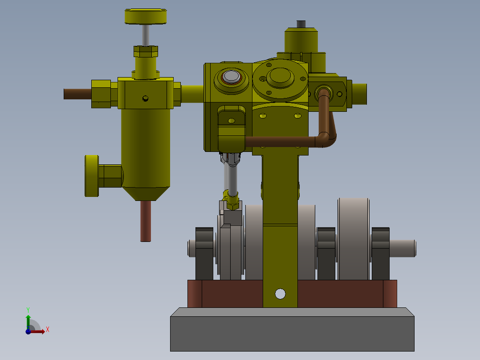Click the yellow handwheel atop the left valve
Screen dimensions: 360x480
point(146,17)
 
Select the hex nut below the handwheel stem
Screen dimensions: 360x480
point(146,52)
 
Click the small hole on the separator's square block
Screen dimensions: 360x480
point(145,98)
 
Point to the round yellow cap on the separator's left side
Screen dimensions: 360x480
point(92,176)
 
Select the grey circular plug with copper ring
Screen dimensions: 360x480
point(231,77)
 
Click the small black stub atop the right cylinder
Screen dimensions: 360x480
point(301,24)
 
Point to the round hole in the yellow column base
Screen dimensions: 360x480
point(280,294)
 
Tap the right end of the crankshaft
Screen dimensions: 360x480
point(403,248)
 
